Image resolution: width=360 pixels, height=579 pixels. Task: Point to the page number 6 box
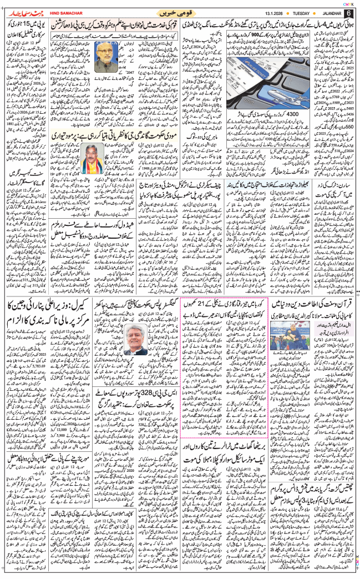tap(349, 12)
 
